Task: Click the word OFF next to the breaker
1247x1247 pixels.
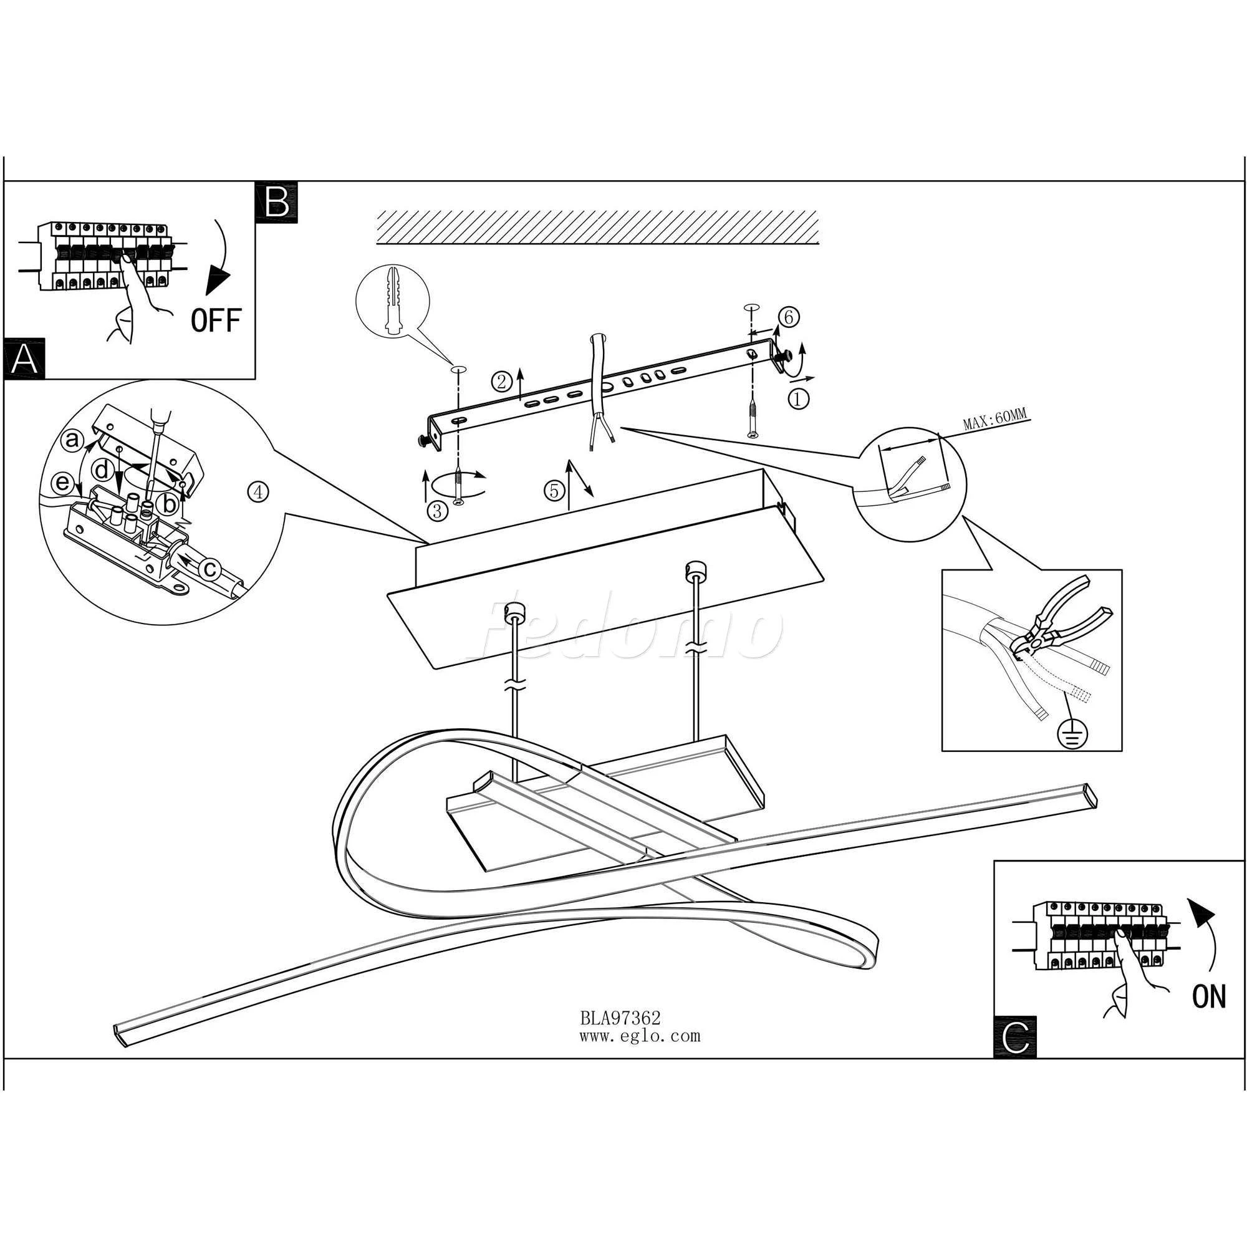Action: click(216, 320)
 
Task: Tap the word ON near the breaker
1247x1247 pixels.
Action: click(1209, 997)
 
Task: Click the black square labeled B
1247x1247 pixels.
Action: click(276, 203)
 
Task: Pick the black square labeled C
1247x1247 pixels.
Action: click(1015, 1038)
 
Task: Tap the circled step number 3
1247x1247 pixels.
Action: click(437, 511)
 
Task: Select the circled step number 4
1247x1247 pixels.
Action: click(258, 493)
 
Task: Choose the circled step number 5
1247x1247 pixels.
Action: click(554, 491)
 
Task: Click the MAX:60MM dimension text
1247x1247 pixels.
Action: click(994, 424)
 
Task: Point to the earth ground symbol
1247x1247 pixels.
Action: click(1072, 733)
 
